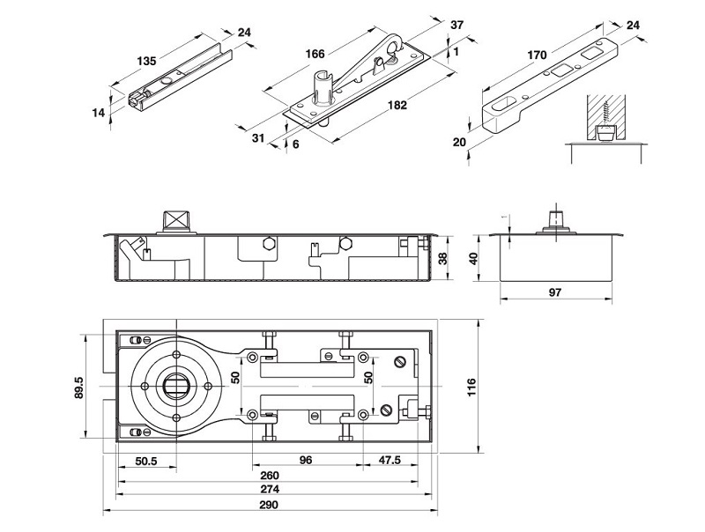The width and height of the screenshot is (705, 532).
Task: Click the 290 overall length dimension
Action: [x=267, y=505]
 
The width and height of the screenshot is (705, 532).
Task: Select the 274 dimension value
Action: [x=268, y=489]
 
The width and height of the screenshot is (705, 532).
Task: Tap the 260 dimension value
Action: [x=268, y=473]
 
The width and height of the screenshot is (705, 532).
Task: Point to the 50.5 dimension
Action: [x=146, y=458]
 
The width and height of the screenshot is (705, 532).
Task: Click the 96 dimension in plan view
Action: [x=306, y=458]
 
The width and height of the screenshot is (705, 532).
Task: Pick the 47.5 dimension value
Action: [x=390, y=458]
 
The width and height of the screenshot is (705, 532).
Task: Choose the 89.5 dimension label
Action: [x=80, y=386]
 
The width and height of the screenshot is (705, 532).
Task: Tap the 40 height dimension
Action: [x=473, y=258]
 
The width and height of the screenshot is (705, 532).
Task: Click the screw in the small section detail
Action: [x=607, y=112]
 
